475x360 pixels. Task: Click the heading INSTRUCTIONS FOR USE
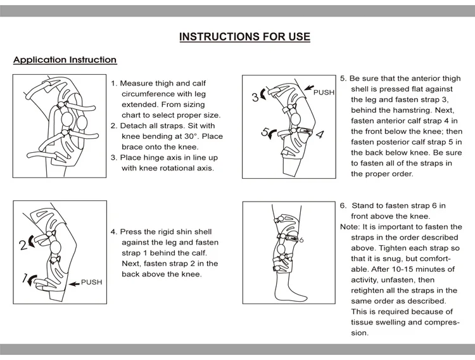click(x=244, y=37)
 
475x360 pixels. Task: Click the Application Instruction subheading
click(x=65, y=60)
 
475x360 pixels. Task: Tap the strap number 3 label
click(x=255, y=98)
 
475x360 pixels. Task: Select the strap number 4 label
click(x=320, y=134)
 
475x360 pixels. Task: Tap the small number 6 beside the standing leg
click(x=301, y=240)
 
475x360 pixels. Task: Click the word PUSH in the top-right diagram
click(x=324, y=93)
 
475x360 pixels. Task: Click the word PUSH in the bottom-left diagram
click(x=91, y=282)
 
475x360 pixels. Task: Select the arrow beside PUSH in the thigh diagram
click(x=308, y=87)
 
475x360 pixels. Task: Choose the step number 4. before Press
click(x=114, y=232)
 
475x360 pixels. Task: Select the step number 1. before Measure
click(x=114, y=83)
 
